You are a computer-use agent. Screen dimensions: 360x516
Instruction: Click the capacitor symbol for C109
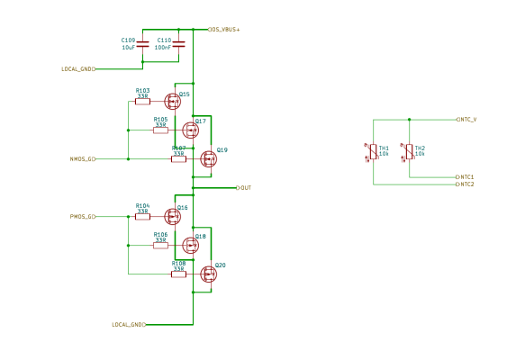coord(143,43)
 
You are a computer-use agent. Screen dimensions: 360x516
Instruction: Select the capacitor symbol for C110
coord(178,43)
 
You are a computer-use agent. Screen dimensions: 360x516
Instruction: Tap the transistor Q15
coord(172,102)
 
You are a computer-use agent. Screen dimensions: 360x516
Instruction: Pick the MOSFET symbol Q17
coord(189,130)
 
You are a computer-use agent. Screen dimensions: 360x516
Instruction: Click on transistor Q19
coord(208,158)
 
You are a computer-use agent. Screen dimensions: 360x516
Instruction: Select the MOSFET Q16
coord(172,216)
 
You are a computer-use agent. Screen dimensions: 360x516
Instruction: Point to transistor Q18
coord(189,245)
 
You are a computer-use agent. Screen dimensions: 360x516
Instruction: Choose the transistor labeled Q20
coord(208,274)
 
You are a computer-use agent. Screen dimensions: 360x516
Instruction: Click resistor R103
coord(142,102)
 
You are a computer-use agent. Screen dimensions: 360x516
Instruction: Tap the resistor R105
coord(160,130)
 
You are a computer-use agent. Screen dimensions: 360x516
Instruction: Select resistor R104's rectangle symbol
coord(142,217)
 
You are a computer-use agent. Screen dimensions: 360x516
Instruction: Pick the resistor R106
coord(160,246)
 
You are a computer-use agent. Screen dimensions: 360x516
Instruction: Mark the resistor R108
coord(178,274)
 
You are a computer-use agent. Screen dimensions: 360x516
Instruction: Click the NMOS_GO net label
coord(83,159)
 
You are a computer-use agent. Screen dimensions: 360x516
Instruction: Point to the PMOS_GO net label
coord(83,217)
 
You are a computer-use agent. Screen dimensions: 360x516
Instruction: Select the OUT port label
coord(244,188)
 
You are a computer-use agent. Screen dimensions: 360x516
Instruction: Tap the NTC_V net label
coord(466,119)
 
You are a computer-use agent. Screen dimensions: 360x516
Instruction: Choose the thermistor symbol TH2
coord(409,151)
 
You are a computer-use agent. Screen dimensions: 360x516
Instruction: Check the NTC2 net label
coord(465,184)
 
